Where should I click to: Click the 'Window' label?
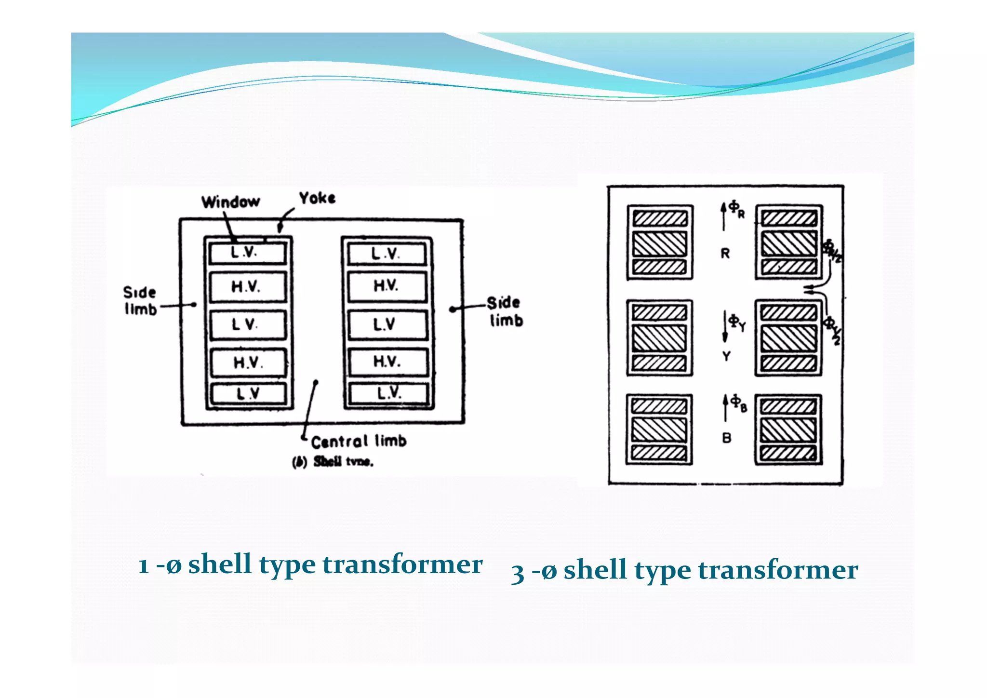pyautogui.click(x=230, y=201)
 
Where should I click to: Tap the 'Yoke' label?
pyautogui.click(x=317, y=198)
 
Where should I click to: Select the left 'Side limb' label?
pyautogui.click(x=140, y=300)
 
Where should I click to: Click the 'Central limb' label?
pyautogui.click(x=359, y=441)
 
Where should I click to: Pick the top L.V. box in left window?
pyautogui.click(x=247, y=253)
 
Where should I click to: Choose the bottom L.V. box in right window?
pyautogui.click(x=388, y=393)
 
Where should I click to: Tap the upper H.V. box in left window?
pyautogui.click(x=247, y=287)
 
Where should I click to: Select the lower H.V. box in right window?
pyautogui.click(x=387, y=362)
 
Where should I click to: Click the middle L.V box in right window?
pyautogui.click(x=387, y=324)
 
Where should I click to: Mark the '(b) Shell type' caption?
pyautogui.click(x=333, y=462)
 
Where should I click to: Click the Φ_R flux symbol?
pyautogui.click(x=736, y=208)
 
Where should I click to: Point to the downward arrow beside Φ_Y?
pyautogui.click(x=725, y=326)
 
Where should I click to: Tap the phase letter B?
pyautogui.click(x=727, y=438)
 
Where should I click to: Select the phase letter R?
pyautogui.click(x=725, y=254)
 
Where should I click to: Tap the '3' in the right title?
pyautogui.click(x=518, y=573)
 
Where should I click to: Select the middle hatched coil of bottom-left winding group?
pyautogui.click(x=659, y=430)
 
